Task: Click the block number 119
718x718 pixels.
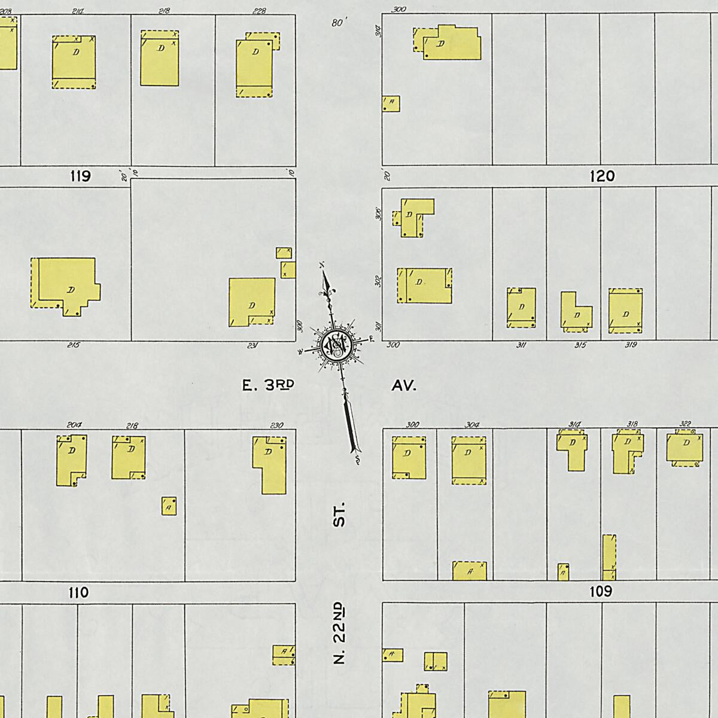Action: pos(80,176)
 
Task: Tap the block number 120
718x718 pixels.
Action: pos(602,176)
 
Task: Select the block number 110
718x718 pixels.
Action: pos(78,592)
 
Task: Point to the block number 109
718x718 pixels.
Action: pos(601,591)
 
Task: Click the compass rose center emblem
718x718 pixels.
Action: pos(333,345)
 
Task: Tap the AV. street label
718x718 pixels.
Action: pos(404,386)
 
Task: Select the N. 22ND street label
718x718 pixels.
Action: pos(340,634)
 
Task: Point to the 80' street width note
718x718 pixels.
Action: pos(339,23)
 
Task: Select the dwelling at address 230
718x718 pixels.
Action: pos(270,464)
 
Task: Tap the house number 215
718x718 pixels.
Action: pos(74,345)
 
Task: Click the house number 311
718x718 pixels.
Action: pos(521,345)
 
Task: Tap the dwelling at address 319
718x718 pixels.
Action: pos(625,311)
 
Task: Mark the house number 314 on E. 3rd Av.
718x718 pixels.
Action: pos(563,424)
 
